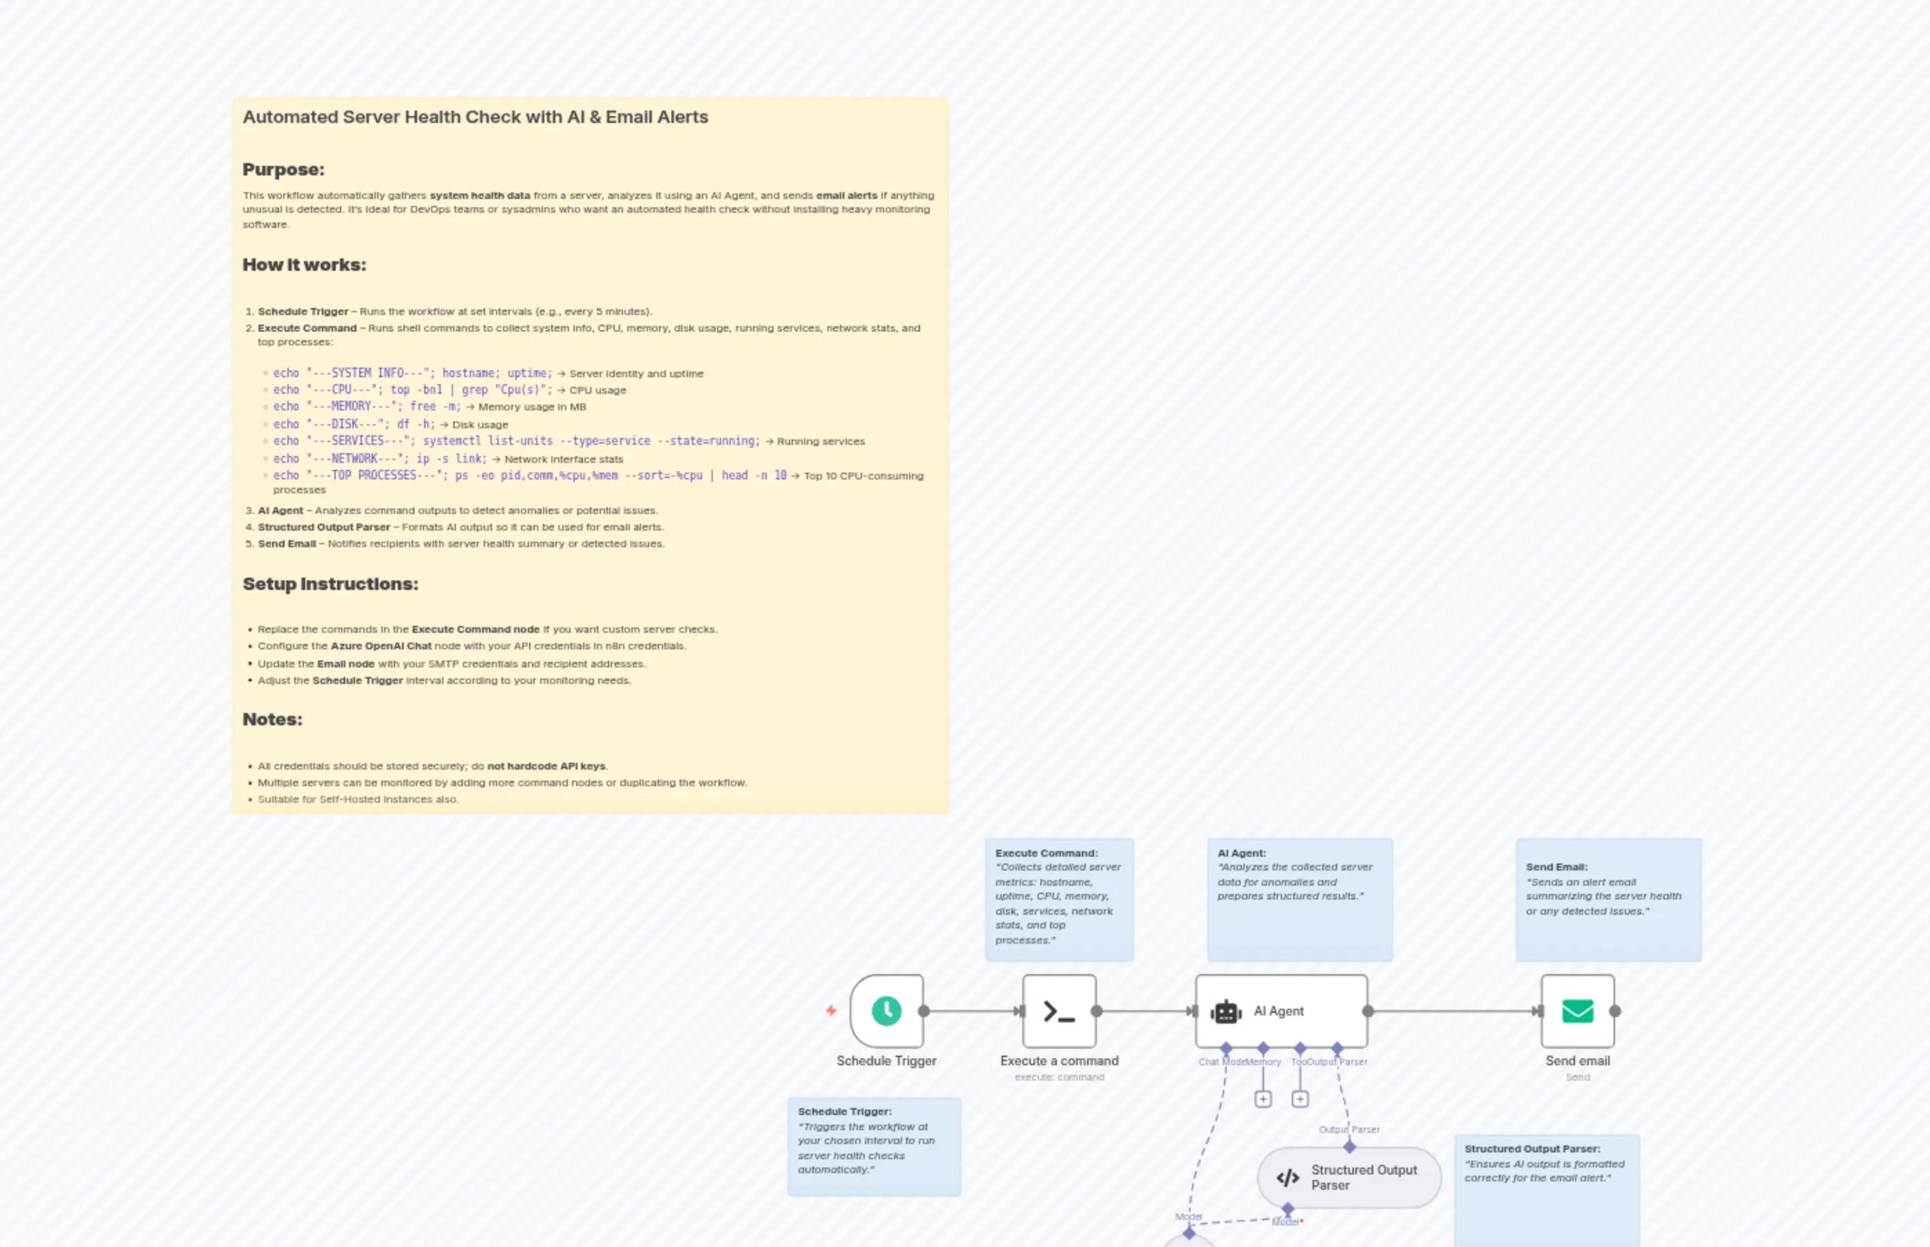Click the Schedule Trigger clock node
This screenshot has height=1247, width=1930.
(886, 1011)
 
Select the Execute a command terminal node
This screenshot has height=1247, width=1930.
(1059, 1011)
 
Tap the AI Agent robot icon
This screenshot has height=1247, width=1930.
(1225, 1011)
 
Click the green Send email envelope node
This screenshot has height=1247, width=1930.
(1577, 1011)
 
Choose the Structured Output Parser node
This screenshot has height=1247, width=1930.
(1349, 1177)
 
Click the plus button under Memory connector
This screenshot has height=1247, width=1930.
(1263, 1099)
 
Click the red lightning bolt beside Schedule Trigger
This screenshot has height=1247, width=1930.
(830, 1011)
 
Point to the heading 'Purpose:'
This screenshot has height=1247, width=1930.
(283, 169)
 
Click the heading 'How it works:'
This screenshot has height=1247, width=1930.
(305, 265)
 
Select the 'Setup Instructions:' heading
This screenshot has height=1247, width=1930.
(330, 584)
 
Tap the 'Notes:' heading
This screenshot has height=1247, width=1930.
(272, 719)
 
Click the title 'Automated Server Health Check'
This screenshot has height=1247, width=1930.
(475, 117)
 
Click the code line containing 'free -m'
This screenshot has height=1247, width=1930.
(367, 406)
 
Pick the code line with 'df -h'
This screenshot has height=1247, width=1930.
(354, 424)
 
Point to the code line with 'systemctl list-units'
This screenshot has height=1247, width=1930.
(516, 441)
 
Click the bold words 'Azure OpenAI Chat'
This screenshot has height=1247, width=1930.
(381, 646)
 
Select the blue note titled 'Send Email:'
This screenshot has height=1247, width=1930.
(1608, 899)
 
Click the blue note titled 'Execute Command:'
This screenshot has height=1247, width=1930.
(1059, 899)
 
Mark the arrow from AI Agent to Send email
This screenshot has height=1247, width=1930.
(1454, 1011)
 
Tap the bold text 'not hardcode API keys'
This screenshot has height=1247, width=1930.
(546, 766)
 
